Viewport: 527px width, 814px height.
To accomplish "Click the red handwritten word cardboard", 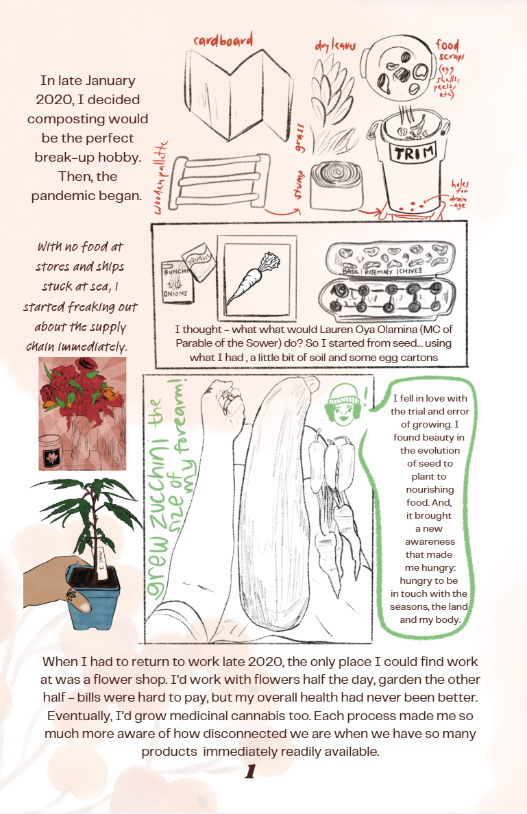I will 223,40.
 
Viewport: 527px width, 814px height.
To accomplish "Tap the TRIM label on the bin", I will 409,152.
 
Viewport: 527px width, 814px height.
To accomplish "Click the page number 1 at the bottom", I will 250,772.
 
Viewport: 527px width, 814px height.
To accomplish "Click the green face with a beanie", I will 341,402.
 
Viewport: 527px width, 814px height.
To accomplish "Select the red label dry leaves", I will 334,47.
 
